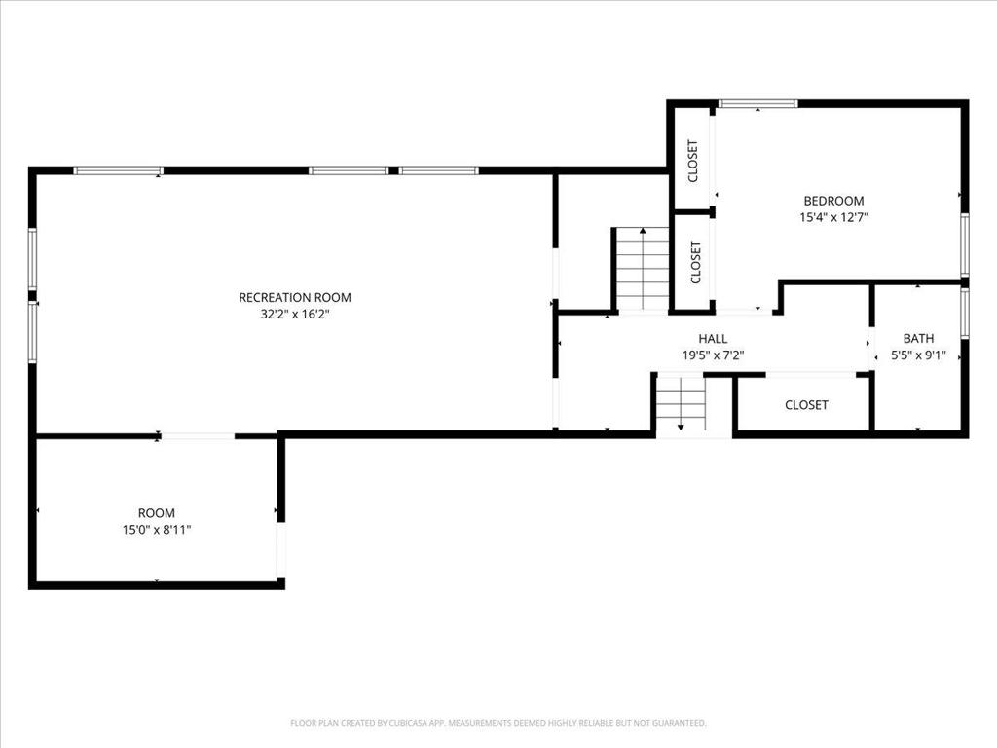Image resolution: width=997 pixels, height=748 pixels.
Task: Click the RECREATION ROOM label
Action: point(294,297)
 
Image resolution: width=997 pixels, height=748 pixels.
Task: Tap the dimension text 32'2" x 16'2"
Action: point(294,315)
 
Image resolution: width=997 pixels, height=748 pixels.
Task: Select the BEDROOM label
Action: point(833,201)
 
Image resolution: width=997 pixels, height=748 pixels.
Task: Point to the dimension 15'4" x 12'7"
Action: point(833,218)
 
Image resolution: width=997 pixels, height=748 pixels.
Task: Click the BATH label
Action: point(917,338)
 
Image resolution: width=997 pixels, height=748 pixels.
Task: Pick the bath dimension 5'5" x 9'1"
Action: point(917,355)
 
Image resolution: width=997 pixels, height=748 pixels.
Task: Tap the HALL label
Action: point(713,338)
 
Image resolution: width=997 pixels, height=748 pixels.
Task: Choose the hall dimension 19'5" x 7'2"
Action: point(713,355)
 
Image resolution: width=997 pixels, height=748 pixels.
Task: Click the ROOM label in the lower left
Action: point(156,512)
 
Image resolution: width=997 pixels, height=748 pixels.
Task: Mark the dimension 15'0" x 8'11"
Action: point(156,530)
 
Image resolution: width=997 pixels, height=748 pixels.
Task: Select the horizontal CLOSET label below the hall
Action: point(806,404)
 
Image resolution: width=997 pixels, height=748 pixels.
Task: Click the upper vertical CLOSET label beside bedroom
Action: point(693,161)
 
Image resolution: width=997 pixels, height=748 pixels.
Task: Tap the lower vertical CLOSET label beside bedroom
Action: point(695,263)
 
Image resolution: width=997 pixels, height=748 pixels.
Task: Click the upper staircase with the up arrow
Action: point(643,268)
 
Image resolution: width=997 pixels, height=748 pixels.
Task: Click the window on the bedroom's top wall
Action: point(757,103)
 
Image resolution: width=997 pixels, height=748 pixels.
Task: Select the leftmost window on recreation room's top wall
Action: point(118,170)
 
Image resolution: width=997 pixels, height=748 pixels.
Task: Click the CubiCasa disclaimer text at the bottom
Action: point(498,723)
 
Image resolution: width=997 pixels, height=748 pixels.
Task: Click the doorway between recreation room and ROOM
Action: point(197,435)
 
